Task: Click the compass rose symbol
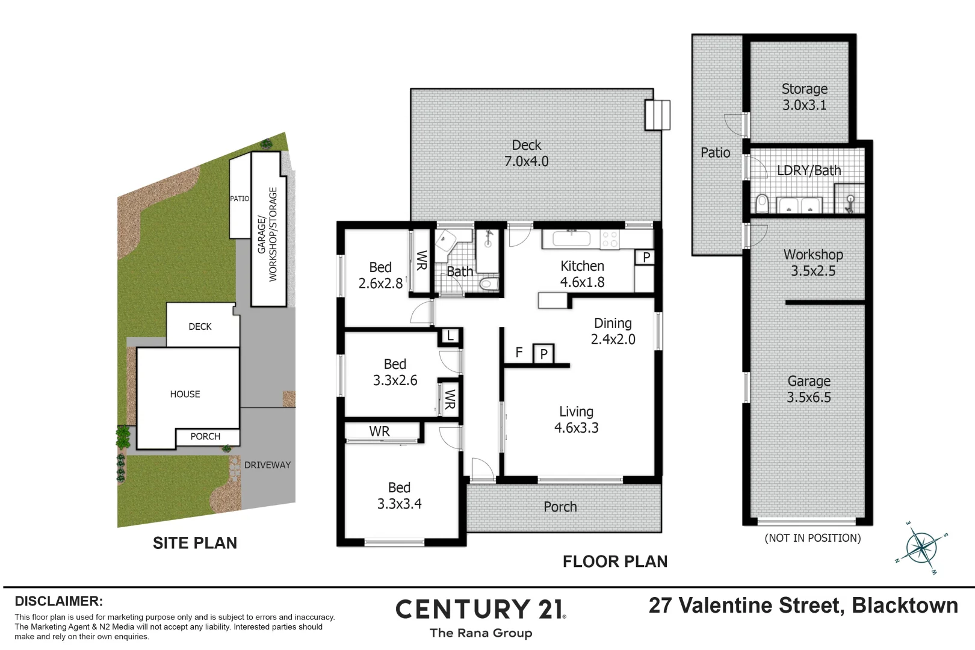coord(921,548)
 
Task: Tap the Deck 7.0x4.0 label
coord(526,153)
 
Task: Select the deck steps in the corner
coord(657,114)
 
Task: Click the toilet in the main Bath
coord(489,283)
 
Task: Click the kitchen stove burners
coord(610,240)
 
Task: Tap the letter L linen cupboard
coord(450,336)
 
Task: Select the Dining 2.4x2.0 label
coord(613,331)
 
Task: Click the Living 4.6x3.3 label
coord(576,419)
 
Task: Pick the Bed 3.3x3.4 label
coord(399,495)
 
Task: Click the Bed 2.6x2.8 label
coord(380,275)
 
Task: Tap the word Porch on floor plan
coord(560,507)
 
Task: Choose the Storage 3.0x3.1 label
coord(804,97)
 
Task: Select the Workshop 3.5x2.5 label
coord(812,262)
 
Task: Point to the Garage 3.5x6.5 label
coord(808,389)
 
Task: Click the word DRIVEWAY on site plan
coord(267,465)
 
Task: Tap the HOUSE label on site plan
coord(185,394)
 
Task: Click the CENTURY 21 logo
coord(480,610)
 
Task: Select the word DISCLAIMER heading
coord(58,601)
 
